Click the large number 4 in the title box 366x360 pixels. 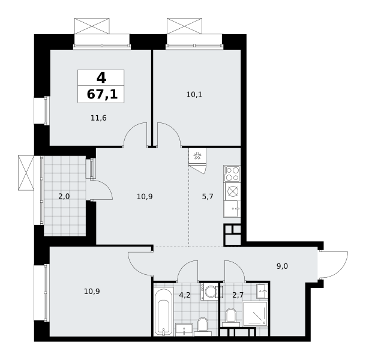click(x=101, y=77)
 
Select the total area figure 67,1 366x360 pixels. click(x=102, y=95)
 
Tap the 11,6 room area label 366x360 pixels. click(x=98, y=118)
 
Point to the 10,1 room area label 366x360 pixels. click(x=194, y=95)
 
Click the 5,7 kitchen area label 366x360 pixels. click(x=208, y=197)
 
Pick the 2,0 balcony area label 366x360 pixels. click(x=64, y=197)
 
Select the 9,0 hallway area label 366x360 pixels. click(x=282, y=266)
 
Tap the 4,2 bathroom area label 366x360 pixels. click(x=185, y=295)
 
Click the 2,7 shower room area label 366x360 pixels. click(x=238, y=295)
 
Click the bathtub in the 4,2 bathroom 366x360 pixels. click(x=164, y=312)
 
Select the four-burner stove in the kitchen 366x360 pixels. click(x=232, y=173)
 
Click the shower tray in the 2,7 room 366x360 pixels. click(x=254, y=314)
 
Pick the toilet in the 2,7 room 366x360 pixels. click(x=231, y=317)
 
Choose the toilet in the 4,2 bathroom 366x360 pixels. click(x=202, y=326)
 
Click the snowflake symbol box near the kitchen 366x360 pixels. click(x=197, y=156)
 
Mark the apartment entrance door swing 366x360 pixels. click(x=334, y=265)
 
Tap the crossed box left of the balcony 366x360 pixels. click(x=26, y=173)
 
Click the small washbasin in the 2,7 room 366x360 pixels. click(x=262, y=291)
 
